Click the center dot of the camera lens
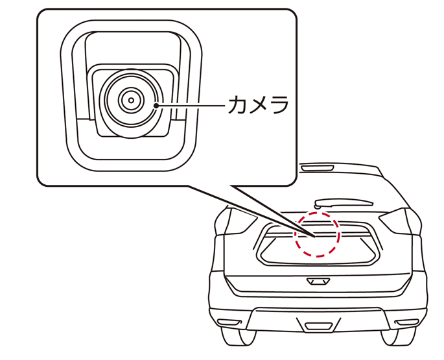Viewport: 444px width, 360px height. (x=131, y=101)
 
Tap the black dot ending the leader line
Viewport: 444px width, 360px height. (x=156, y=106)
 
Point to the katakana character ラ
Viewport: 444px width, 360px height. (x=279, y=104)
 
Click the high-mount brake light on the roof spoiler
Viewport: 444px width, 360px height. (x=317, y=168)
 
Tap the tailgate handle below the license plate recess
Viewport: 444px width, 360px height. (x=318, y=282)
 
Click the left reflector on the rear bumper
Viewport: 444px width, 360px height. (x=229, y=322)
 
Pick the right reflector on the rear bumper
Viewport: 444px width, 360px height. (x=407, y=322)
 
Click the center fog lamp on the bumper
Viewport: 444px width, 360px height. (x=318, y=326)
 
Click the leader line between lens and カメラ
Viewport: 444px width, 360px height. (x=191, y=106)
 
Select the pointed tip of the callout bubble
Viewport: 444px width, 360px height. (x=314, y=236)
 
